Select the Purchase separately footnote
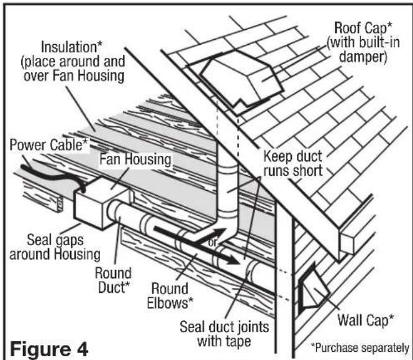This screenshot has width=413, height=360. pos(361,348)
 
